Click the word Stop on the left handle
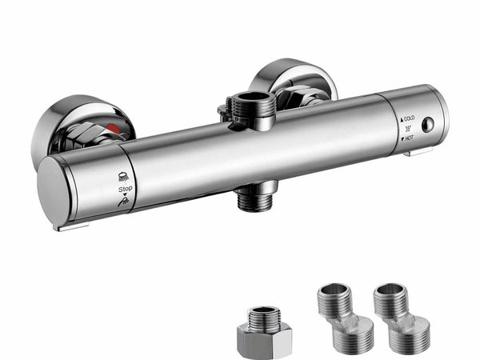126,189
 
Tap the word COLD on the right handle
410,118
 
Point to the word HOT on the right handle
410,138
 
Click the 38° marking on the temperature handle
408,129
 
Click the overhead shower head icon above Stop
123,177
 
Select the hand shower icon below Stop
123,202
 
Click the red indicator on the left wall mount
114,129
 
